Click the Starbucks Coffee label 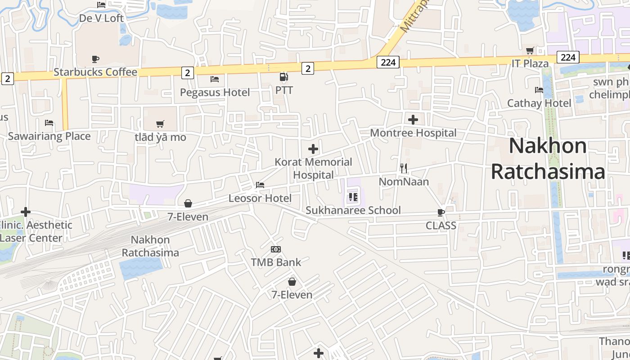95,72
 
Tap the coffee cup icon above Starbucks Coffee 95,59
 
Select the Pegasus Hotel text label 215,92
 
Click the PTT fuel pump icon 283,77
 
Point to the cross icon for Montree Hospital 413,120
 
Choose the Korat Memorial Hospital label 313,168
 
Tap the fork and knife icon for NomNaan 404,168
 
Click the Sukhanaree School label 353,210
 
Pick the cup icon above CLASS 441,212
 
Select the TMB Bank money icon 276,249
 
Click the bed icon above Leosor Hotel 260,185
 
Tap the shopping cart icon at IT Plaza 530,50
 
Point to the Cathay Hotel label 539,103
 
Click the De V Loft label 101,18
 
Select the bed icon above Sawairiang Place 49,123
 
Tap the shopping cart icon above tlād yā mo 160,124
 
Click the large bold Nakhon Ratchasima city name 548,159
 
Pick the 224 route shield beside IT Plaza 568,57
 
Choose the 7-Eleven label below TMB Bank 292,295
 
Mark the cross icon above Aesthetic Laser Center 26,211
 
